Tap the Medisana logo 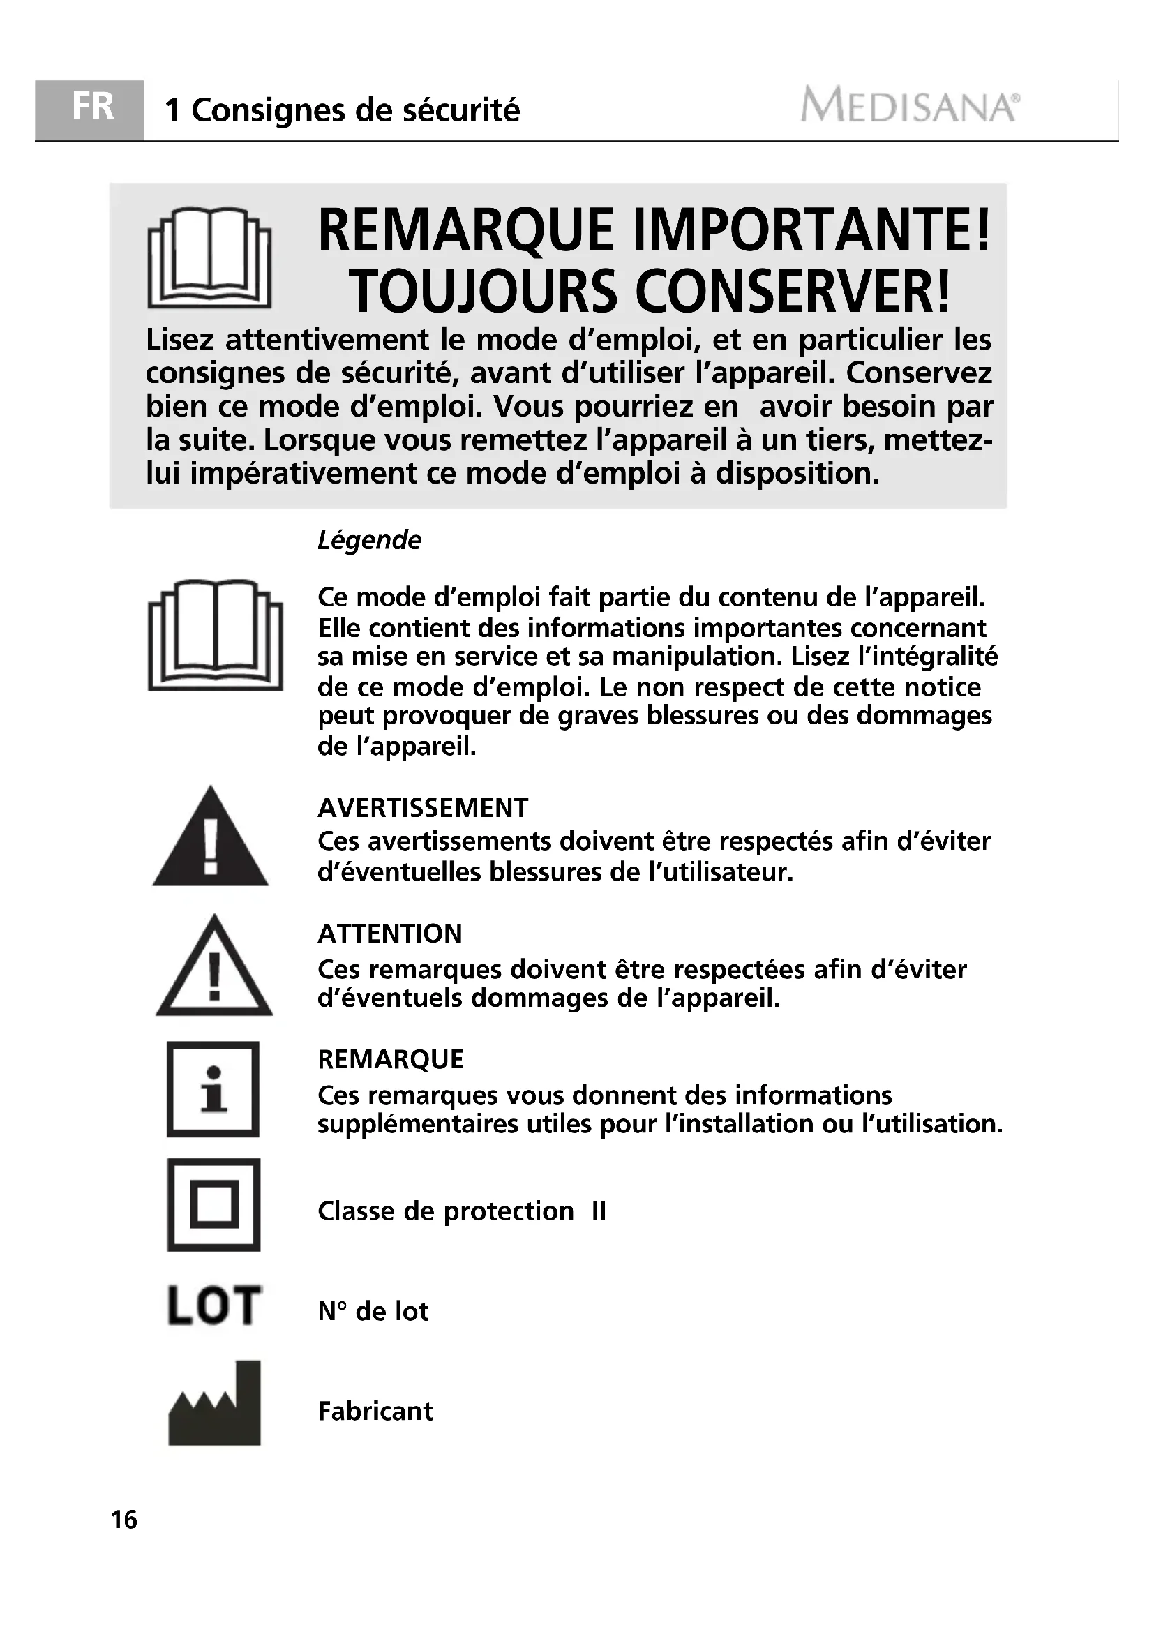(x=910, y=107)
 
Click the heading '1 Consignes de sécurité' (x=342, y=110)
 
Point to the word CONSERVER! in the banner (x=793, y=292)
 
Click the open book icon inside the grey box (x=209, y=257)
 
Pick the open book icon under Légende (x=216, y=635)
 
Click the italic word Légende (x=369, y=541)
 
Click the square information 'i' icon (x=213, y=1090)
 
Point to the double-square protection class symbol (x=214, y=1205)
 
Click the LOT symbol (x=214, y=1305)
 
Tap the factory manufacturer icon (x=215, y=1404)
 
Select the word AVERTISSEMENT (x=423, y=808)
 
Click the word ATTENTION (x=390, y=934)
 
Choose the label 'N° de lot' (x=373, y=1312)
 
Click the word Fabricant (x=375, y=1411)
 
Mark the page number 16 (x=124, y=1520)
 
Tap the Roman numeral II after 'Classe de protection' (x=599, y=1211)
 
